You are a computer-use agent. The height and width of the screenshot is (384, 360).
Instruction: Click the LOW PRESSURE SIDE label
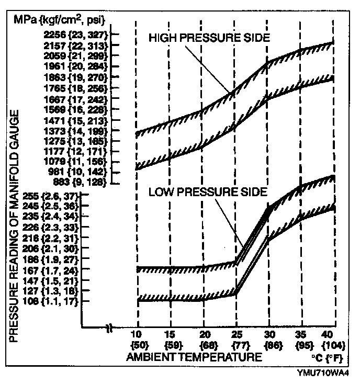point(208,191)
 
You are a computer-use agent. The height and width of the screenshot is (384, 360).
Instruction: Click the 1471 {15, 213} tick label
point(76,120)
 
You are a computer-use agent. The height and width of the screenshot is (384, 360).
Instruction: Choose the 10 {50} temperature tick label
point(137,339)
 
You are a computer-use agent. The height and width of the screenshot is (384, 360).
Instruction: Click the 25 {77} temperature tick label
point(237,339)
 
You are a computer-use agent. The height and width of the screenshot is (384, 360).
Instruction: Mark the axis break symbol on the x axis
point(110,330)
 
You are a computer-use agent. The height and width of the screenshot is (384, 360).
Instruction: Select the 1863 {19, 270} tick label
point(76,76)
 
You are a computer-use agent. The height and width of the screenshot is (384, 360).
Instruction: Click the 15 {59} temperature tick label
point(170,339)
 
